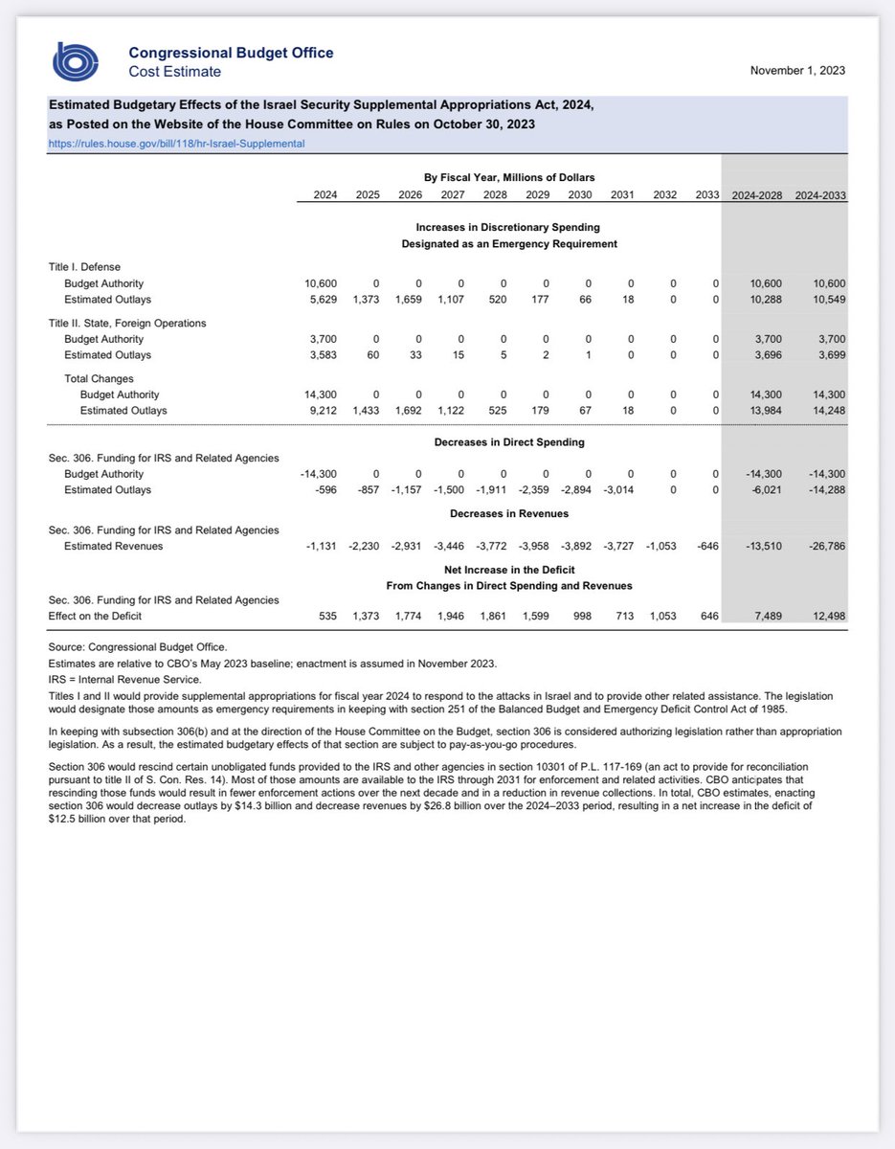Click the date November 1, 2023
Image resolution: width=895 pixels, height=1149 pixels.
[x=797, y=71]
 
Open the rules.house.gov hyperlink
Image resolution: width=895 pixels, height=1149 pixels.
[x=177, y=144]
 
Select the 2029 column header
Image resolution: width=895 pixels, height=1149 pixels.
[x=540, y=195]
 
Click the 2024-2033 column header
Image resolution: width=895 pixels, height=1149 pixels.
[x=820, y=195]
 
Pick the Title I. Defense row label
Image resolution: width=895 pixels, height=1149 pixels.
[x=84, y=266]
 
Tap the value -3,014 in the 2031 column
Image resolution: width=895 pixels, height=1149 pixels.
[x=617, y=490]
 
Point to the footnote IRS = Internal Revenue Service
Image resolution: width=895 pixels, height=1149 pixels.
[x=124, y=679]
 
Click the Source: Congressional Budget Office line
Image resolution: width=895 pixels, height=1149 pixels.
[x=138, y=647]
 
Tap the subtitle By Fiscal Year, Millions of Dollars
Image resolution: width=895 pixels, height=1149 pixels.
[x=508, y=177]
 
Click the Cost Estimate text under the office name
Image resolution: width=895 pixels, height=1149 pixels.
[x=174, y=72]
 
